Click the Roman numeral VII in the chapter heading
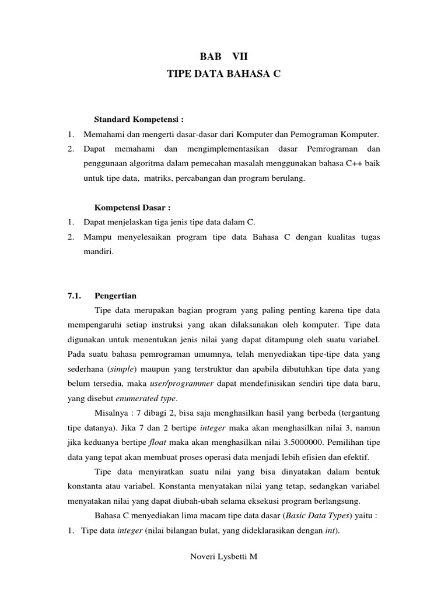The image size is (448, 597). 240,57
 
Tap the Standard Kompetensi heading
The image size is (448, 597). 139,120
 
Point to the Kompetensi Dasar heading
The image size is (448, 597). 132,207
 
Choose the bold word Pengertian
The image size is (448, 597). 116,296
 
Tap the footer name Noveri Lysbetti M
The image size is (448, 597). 224,556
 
